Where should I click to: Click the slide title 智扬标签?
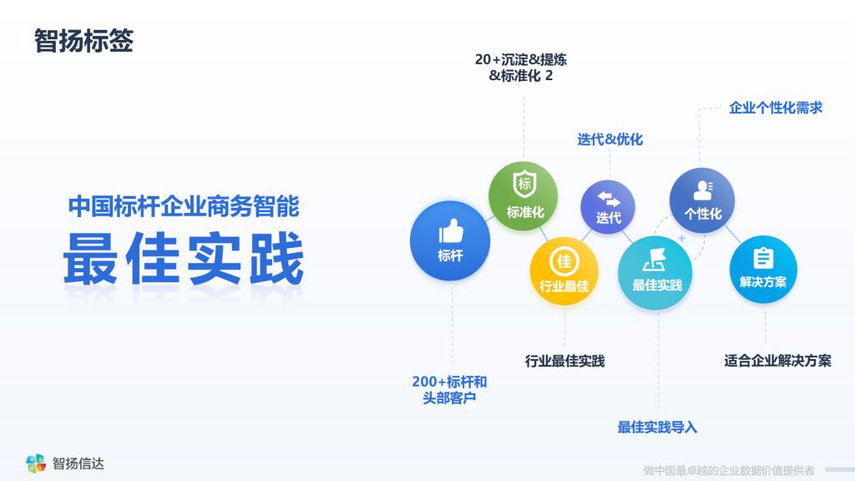click(x=83, y=41)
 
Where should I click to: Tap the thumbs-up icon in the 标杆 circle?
click(x=451, y=230)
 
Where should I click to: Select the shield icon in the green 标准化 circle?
click(x=524, y=183)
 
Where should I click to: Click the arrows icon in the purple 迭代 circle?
click(x=609, y=199)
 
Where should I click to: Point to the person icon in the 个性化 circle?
click(x=703, y=190)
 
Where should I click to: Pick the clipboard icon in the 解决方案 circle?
click(x=763, y=259)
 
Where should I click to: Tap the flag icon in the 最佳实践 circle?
click(x=655, y=261)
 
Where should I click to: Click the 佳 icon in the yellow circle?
click(x=564, y=261)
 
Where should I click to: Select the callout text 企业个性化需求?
click(x=776, y=108)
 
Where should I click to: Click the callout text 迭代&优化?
click(x=610, y=139)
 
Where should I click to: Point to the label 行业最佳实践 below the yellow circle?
click(x=565, y=361)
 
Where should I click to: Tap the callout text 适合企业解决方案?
click(x=777, y=361)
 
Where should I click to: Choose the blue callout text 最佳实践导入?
click(x=657, y=427)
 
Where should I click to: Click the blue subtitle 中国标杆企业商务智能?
click(x=184, y=206)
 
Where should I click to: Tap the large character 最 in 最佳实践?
click(x=90, y=259)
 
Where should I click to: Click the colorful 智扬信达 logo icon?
click(x=35, y=463)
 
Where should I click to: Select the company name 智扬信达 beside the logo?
click(x=78, y=463)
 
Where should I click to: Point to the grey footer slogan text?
click(x=728, y=470)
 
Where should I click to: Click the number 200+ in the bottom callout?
click(x=428, y=382)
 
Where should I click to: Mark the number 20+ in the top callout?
click(x=488, y=59)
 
